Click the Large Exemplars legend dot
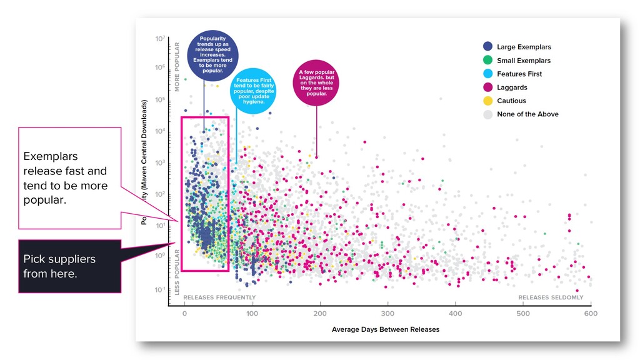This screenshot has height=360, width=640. (487, 47)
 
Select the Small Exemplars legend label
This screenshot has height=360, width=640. (524, 61)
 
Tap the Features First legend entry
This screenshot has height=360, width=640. (519, 74)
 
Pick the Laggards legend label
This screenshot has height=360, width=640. (512, 87)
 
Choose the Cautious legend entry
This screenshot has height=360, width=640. (511, 101)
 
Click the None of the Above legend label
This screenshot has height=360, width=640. (527, 114)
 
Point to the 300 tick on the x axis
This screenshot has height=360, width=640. (387, 313)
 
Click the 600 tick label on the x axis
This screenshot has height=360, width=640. (591, 313)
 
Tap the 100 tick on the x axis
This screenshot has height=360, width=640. (252, 313)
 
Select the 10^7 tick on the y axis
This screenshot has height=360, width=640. (160, 39)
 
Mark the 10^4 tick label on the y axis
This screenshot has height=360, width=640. (160, 131)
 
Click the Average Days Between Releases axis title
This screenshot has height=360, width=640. (386, 329)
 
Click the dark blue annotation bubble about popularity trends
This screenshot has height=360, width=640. (213, 56)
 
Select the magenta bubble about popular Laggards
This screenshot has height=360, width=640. (316, 83)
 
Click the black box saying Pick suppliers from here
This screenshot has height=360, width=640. (69, 266)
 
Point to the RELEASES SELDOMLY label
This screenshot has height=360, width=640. (551, 297)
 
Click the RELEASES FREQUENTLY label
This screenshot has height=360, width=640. (219, 297)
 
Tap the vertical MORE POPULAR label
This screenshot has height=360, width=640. (177, 67)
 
